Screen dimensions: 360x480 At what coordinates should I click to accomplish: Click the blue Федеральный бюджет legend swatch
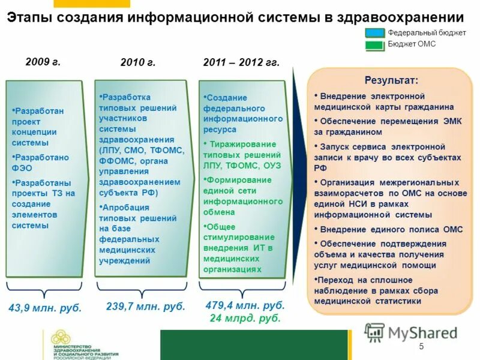tap(374, 33)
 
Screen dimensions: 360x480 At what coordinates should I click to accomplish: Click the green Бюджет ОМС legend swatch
tap(374, 44)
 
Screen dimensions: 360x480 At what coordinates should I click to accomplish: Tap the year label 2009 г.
tap(43, 61)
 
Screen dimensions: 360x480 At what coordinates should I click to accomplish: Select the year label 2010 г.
tap(138, 62)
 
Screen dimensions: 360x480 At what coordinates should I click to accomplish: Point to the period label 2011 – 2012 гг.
tap(241, 62)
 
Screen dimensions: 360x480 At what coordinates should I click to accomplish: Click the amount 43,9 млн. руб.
tap(45, 308)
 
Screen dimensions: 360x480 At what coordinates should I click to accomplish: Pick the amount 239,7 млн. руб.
tap(146, 306)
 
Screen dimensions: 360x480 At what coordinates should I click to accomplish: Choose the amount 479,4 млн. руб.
tap(245, 305)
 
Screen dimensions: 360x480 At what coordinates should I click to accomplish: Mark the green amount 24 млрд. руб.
tap(245, 318)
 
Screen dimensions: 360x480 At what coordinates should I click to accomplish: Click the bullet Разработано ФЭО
tap(40, 163)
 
